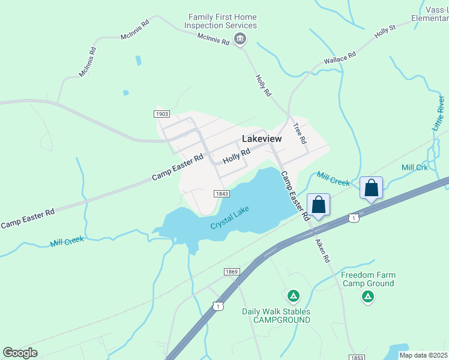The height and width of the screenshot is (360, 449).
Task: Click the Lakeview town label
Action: [262, 139]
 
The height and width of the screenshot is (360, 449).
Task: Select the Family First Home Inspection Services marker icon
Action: [240, 40]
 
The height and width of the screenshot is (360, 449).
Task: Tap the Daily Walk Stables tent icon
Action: [293, 296]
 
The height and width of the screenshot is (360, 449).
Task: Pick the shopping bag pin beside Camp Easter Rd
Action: [318, 205]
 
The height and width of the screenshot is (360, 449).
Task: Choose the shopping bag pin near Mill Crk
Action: [371, 188]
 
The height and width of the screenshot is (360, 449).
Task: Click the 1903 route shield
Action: [161, 113]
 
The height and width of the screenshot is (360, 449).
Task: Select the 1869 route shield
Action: [232, 272]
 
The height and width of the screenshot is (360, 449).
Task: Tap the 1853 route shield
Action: [357, 358]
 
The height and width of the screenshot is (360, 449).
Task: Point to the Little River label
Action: [439, 112]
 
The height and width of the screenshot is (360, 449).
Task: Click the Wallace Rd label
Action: [340, 58]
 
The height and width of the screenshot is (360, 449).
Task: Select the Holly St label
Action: [385, 31]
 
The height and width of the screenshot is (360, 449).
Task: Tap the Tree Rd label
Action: [300, 133]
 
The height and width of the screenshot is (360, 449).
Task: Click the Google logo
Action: [20, 353]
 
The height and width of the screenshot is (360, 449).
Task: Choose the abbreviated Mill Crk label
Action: [415, 167]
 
